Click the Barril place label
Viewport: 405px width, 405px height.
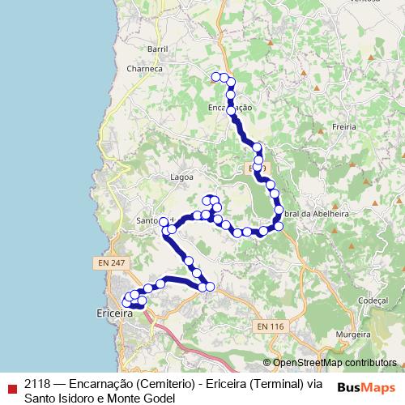158,49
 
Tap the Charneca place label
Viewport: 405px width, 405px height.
145,70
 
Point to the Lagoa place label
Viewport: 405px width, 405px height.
181,176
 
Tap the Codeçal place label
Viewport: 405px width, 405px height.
350,299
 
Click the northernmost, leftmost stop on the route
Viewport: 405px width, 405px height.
215,77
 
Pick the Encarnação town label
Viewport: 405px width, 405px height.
231,107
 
